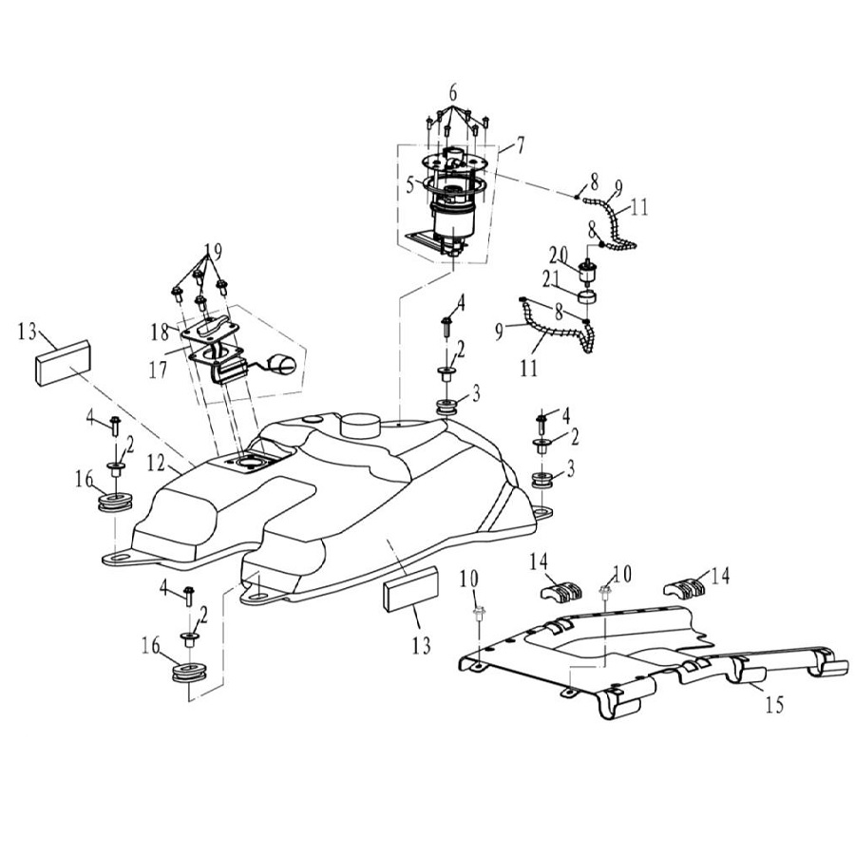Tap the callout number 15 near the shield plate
click(x=774, y=707)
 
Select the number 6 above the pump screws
click(x=453, y=93)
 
